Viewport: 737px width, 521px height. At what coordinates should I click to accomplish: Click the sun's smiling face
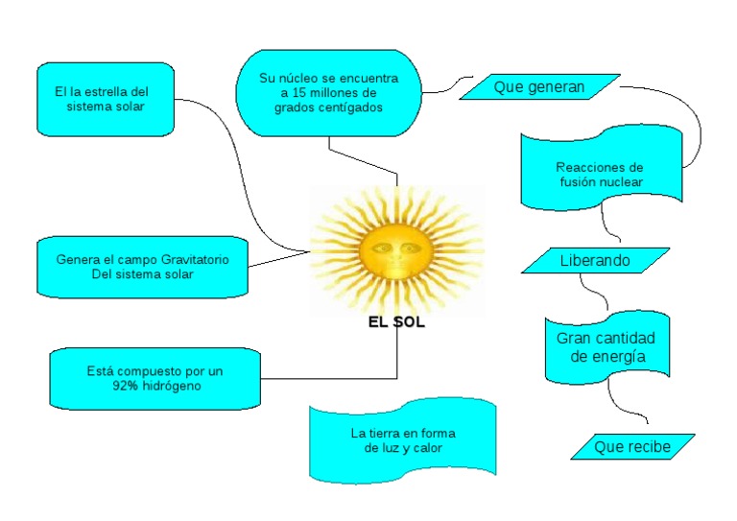(x=391, y=251)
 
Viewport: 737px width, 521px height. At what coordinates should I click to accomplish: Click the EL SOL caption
(x=396, y=322)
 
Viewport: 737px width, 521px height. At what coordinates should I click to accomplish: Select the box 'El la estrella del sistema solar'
(x=106, y=99)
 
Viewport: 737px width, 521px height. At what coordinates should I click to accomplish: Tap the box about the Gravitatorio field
(x=141, y=267)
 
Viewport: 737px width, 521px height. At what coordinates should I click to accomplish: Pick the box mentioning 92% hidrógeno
(x=155, y=378)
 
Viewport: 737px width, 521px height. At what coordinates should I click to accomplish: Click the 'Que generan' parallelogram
(x=538, y=87)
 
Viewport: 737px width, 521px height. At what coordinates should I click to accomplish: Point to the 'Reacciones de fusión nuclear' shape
(x=601, y=174)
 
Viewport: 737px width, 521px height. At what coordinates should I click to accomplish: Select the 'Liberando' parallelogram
(x=596, y=260)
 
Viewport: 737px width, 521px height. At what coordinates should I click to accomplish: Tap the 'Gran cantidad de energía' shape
(x=606, y=347)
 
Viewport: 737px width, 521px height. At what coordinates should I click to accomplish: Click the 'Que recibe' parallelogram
(x=631, y=446)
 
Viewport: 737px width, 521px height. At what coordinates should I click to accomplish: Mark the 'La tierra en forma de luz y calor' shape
(x=403, y=439)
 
